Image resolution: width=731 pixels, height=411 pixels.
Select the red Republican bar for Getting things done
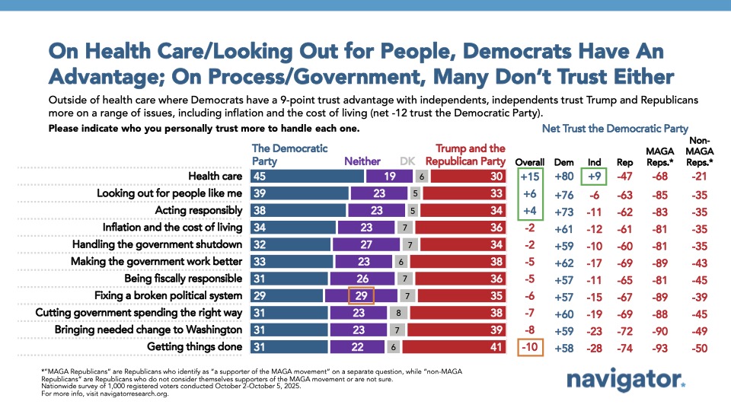click(453, 347)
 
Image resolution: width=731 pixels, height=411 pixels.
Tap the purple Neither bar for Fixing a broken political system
click(360, 295)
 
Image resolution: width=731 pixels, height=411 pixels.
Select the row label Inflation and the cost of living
click(172, 228)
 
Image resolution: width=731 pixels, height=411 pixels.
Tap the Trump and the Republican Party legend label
click(465, 155)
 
